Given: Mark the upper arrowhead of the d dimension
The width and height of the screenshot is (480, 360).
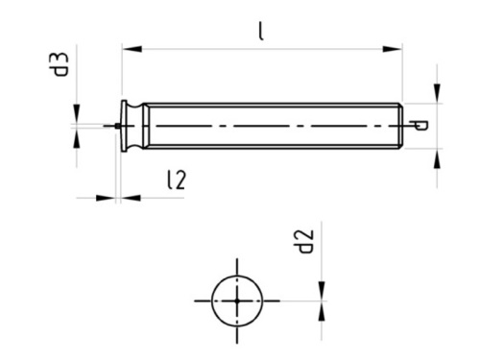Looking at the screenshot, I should [x=437, y=92].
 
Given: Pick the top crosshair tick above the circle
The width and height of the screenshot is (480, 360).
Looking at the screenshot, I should [x=236, y=266].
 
